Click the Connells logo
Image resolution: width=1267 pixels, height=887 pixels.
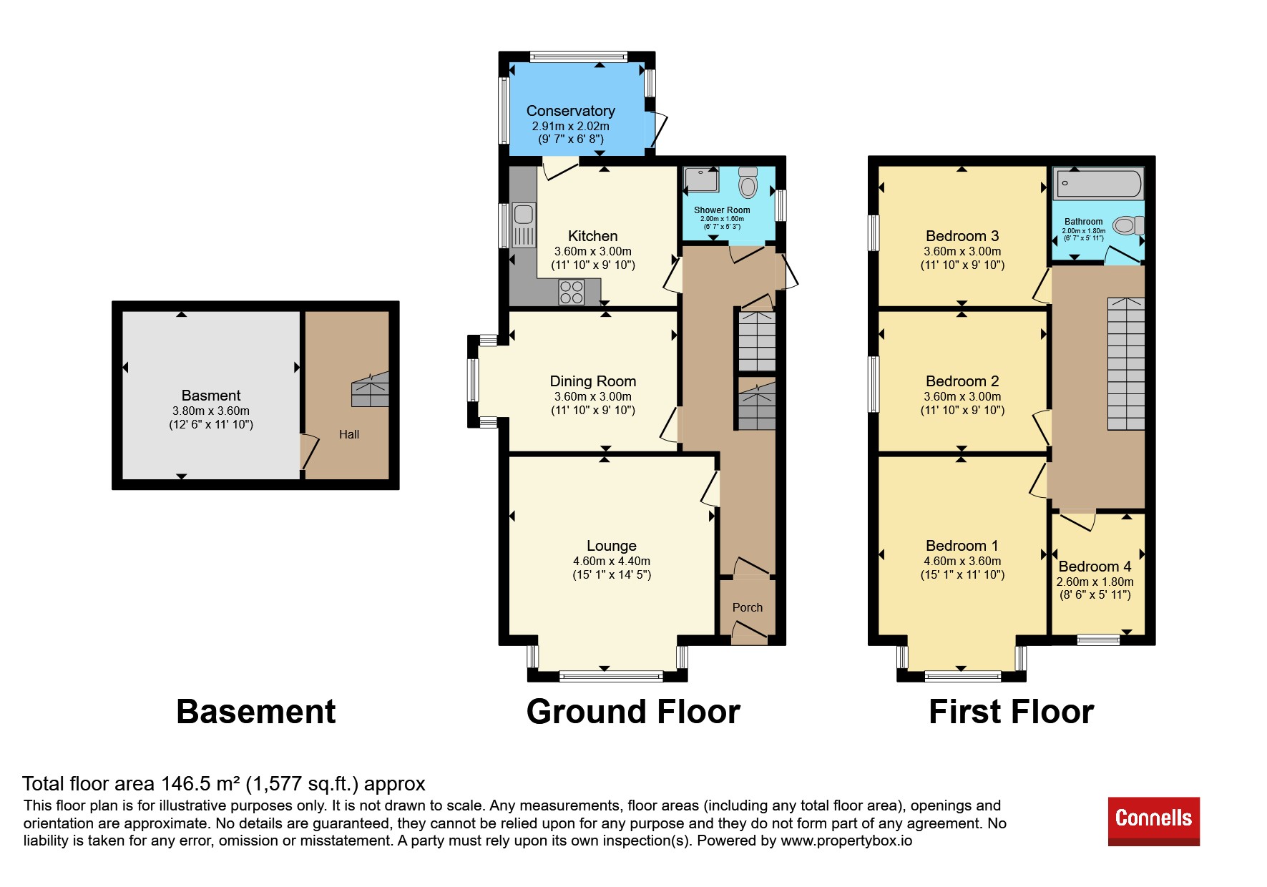(x=1153, y=821)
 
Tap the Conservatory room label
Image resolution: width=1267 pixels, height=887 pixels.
(x=571, y=111)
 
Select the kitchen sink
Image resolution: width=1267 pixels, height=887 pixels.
(x=524, y=225)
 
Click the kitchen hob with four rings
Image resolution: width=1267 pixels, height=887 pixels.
(x=572, y=292)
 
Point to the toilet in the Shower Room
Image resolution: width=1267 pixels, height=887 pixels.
(x=748, y=182)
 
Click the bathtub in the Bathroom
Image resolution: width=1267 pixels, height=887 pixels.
(x=1097, y=183)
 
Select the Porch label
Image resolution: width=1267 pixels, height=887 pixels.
(x=748, y=607)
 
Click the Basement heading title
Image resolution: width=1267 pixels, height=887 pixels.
(x=256, y=712)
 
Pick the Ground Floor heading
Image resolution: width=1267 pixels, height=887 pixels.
(x=633, y=712)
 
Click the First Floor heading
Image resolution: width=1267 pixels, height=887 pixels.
(x=1012, y=712)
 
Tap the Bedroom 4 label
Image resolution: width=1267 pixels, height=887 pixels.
(x=1095, y=567)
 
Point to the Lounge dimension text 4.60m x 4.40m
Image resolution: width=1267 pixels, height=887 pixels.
(x=612, y=562)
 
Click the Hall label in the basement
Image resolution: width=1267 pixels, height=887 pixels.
(x=349, y=434)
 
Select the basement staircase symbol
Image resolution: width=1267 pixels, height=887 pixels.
(x=370, y=389)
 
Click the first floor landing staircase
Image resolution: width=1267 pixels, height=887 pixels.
(x=1126, y=363)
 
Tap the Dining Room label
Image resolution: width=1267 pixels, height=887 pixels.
(x=593, y=381)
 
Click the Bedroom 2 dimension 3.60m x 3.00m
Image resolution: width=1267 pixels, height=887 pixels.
(x=962, y=397)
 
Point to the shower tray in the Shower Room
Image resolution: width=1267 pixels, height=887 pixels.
(x=701, y=180)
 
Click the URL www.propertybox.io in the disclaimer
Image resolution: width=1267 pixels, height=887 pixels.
(x=846, y=841)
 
